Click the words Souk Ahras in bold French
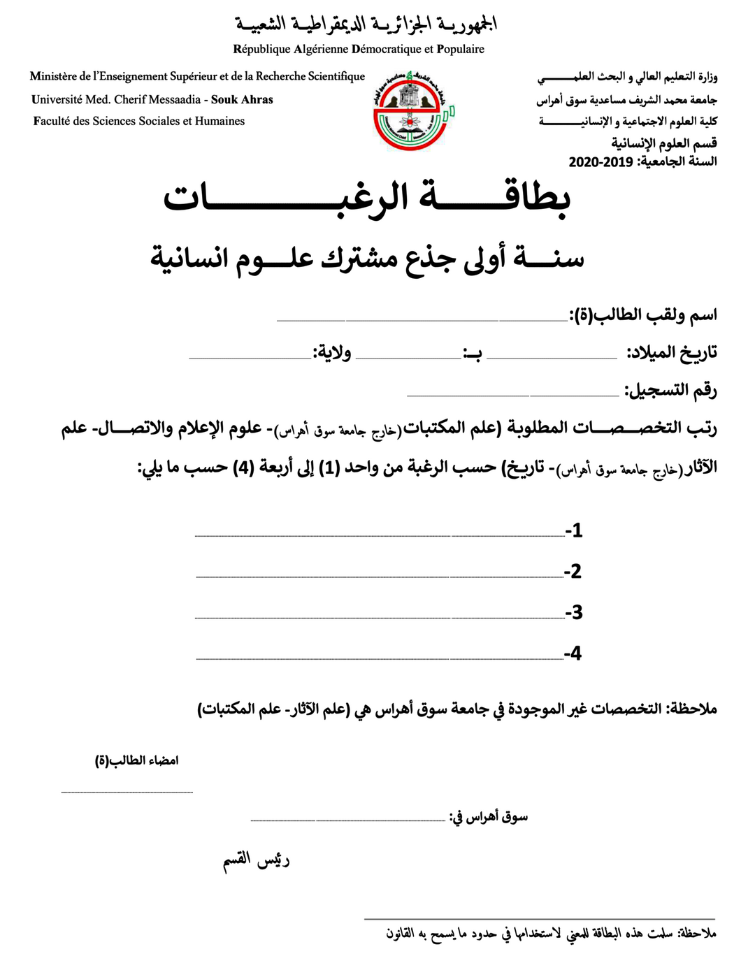242,100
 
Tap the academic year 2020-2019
601,162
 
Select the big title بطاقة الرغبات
367,198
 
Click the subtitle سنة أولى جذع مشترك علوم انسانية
367,258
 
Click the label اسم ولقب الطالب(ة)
644,315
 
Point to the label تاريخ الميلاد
672,352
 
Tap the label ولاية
332,352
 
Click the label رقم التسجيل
670,390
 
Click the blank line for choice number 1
380,535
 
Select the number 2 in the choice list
573,572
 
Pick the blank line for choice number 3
380,617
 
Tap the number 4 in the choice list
573,653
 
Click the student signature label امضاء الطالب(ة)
137,760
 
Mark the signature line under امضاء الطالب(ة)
127,792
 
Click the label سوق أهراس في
488,816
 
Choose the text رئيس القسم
256,860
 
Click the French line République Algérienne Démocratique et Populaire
359,50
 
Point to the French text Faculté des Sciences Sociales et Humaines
139,122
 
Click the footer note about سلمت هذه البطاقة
551,934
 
